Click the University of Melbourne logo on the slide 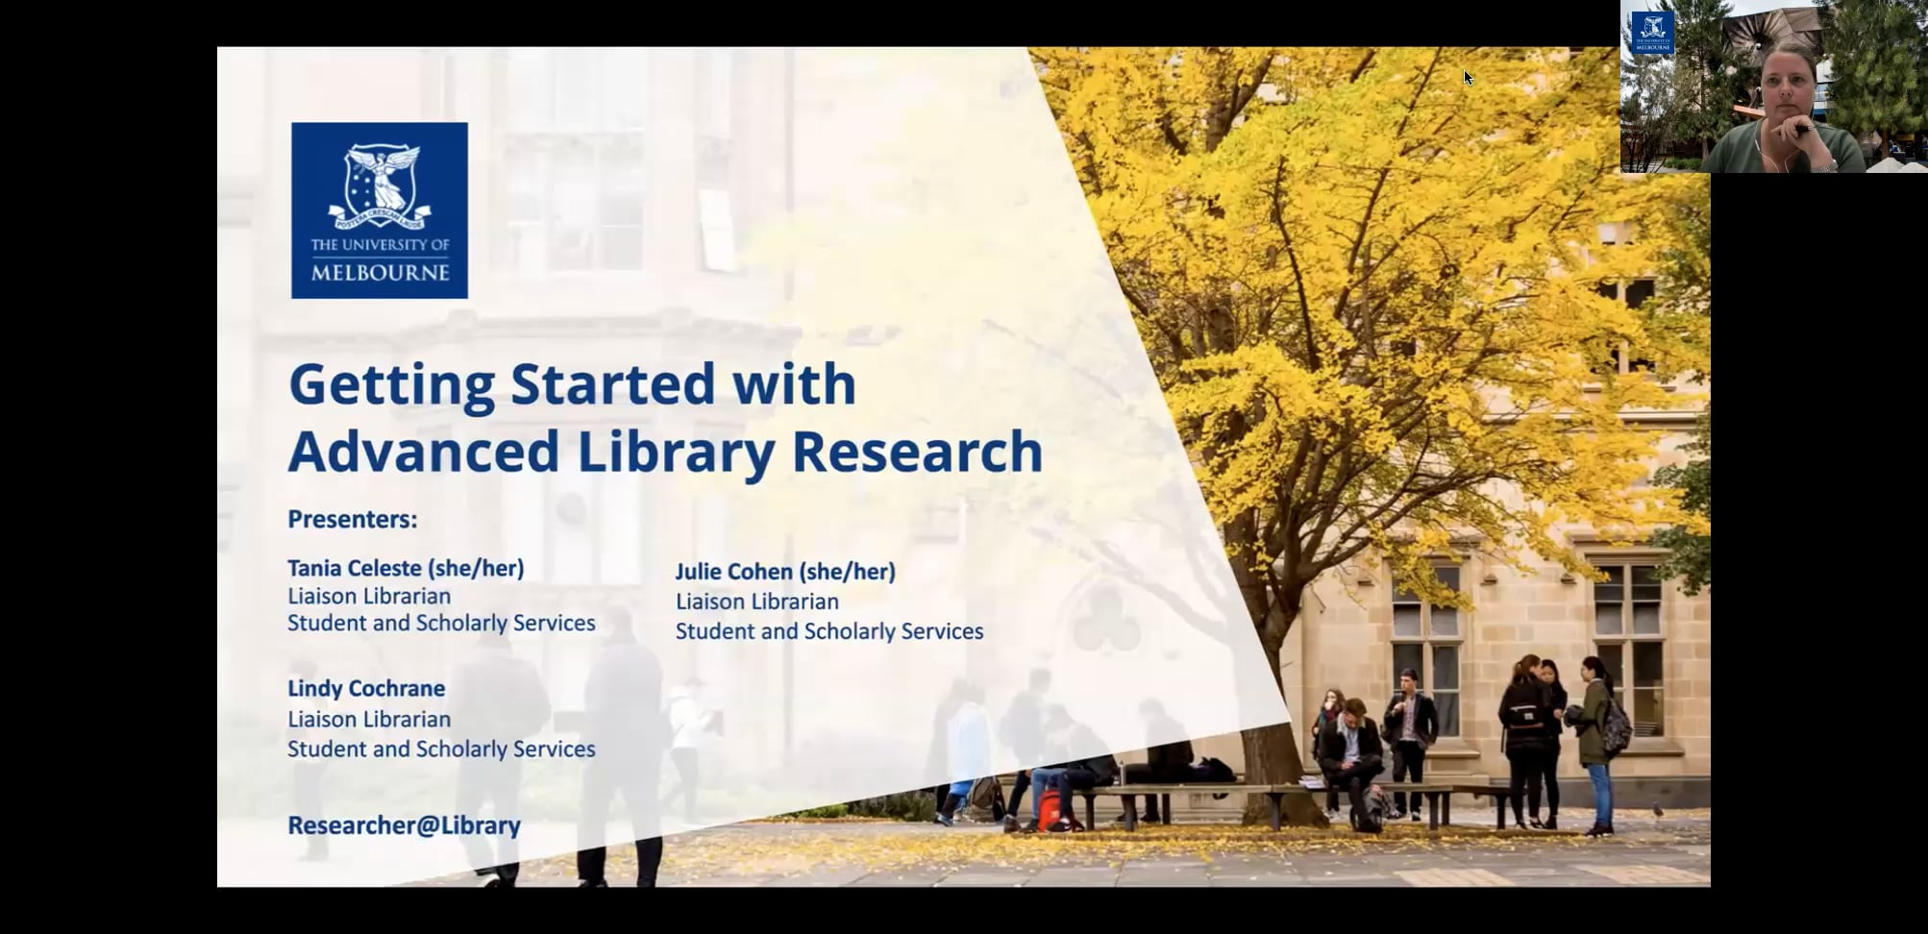[x=379, y=209]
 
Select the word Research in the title [x=917, y=452]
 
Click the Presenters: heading [x=353, y=520]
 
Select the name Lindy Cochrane [x=366, y=688]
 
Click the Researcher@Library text [x=404, y=825]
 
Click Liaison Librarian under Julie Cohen [x=756, y=602]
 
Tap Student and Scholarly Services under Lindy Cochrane [x=441, y=749]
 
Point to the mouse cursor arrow [x=1468, y=77]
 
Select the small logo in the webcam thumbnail [x=1652, y=32]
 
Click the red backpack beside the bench [x=1050, y=809]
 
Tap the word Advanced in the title [x=423, y=452]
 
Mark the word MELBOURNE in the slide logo [x=380, y=273]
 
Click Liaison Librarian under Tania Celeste [x=369, y=596]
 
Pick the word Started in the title [x=612, y=384]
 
